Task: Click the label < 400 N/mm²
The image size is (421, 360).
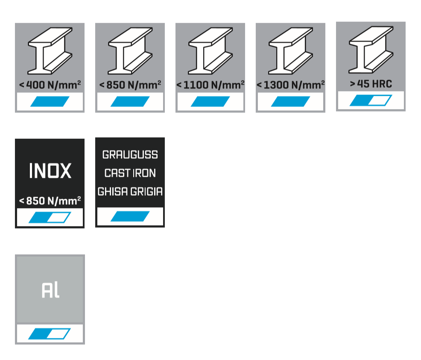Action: (50, 85)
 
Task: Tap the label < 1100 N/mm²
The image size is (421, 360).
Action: (210, 85)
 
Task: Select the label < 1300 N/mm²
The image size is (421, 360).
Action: (290, 85)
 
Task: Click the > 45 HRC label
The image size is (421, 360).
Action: (371, 84)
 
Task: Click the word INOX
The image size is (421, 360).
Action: (50, 171)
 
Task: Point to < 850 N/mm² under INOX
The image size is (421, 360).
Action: (50, 200)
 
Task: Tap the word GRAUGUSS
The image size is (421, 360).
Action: (130, 155)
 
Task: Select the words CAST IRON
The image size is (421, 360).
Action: (130, 173)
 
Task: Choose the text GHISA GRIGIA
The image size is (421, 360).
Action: (130, 192)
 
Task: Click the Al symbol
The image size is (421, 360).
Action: (50, 290)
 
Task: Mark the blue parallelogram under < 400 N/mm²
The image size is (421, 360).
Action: (50, 102)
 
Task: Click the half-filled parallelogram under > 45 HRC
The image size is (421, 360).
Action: (371, 101)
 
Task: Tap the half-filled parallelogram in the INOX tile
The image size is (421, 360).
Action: (50, 218)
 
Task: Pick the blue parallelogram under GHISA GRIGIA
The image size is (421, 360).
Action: (130, 217)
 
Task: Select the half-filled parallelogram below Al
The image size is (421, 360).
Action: (50, 334)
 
